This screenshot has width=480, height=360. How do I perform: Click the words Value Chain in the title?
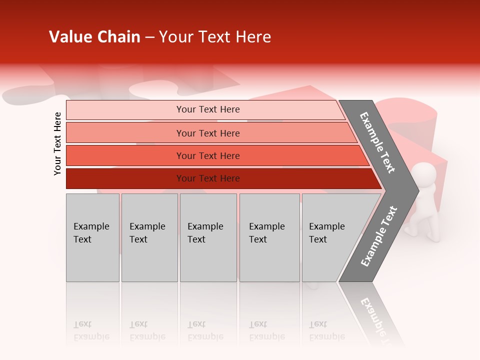(94, 37)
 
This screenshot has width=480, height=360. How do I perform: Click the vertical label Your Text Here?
(57, 143)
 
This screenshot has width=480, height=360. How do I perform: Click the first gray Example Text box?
(92, 237)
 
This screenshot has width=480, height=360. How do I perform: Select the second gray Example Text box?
(149, 237)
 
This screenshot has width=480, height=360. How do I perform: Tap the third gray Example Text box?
(208, 237)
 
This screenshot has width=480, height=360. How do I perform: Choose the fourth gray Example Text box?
(269, 237)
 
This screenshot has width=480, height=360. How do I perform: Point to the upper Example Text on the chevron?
(377, 142)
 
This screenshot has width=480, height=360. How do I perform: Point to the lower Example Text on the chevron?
(379, 236)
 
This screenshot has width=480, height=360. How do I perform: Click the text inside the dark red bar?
(208, 178)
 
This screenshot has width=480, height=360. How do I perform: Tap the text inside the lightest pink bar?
(208, 109)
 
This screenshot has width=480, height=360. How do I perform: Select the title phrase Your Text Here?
(215, 37)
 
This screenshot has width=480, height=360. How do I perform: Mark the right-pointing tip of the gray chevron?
(417, 190)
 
